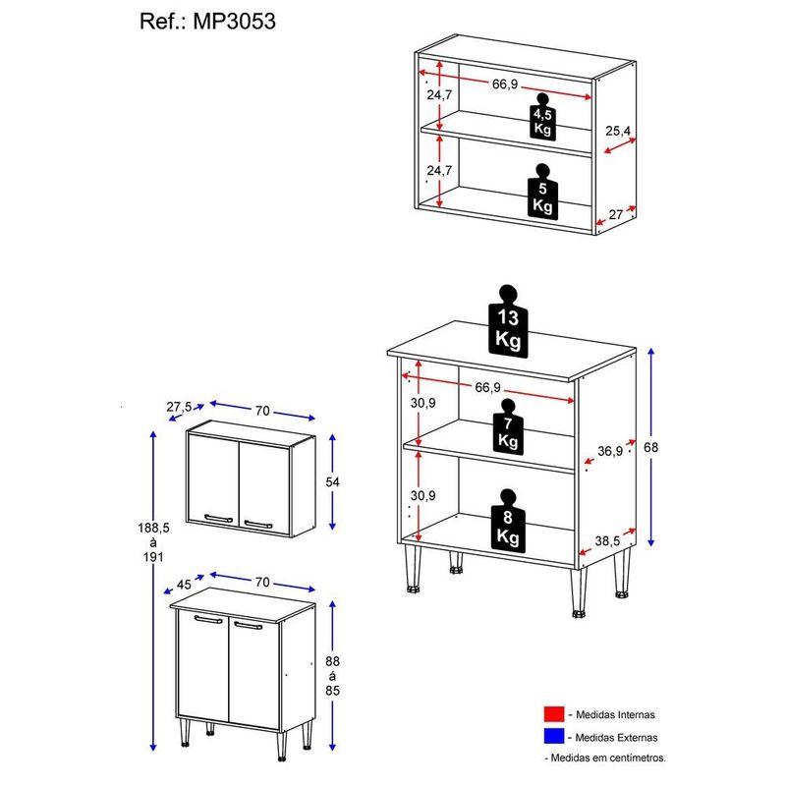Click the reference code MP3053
pos(235,22)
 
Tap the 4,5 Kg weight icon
pos(542,116)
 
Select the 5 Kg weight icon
pos(542,191)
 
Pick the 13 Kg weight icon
pos(508,321)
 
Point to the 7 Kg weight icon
pos(508,427)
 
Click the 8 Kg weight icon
pos(508,521)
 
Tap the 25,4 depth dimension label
pos(618,131)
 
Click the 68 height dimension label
pos(650,447)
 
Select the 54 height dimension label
pos(332,482)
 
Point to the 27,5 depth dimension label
pos(179,407)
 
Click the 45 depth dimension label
pos(184,585)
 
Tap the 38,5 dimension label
pos(607,541)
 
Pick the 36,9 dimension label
pos(610,451)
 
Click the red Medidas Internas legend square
pos(554,714)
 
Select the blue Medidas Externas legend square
pos(554,736)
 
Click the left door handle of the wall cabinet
pos(218,519)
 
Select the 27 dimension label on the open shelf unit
pos(616,214)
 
